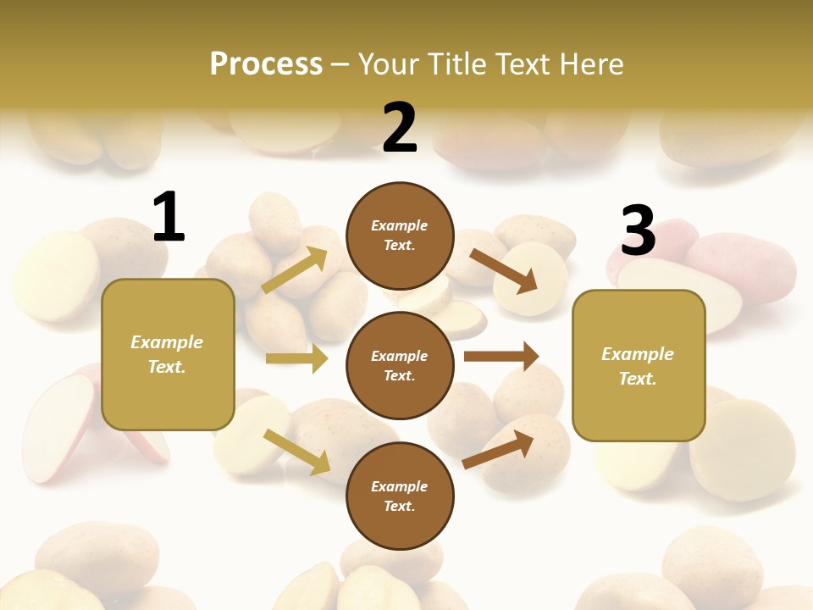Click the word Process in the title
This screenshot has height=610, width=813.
[x=266, y=64]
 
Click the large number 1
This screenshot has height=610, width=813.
[x=169, y=218]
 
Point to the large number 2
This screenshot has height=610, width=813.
[x=400, y=128]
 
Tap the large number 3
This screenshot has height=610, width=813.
[x=638, y=230]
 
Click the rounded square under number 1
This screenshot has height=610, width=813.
[x=168, y=354]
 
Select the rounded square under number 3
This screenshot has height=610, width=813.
[x=639, y=366]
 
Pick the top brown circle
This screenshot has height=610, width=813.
[x=400, y=236]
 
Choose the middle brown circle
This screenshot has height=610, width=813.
[x=400, y=365]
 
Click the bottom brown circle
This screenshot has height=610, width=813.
[x=400, y=496]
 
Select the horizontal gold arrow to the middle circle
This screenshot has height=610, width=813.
[x=297, y=358]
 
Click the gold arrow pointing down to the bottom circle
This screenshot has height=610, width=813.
[x=297, y=452]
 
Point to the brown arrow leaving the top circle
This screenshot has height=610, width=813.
[x=504, y=270]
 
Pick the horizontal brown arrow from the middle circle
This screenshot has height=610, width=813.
[x=501, y=356]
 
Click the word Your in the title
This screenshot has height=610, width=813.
[x=389, y=64]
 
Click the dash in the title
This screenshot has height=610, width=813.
[x=340, y=65]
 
